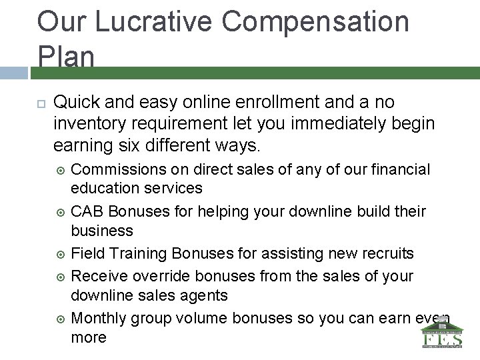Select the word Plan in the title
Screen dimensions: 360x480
coord(66,57)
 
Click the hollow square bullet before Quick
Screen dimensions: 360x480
coord(40,103)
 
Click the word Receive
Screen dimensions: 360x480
coord(98,275)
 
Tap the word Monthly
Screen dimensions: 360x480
coord(98,317)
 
